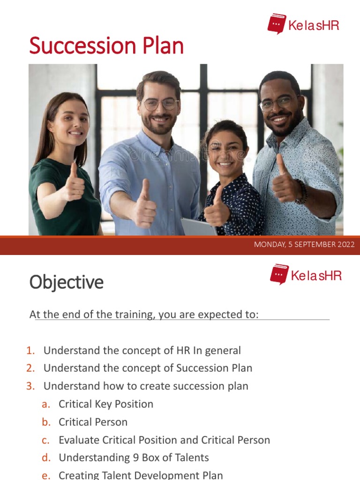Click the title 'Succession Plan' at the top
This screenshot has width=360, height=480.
[106, 46]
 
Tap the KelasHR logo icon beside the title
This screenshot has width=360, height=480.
[277, 23]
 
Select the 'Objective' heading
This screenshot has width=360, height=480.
[67, 282]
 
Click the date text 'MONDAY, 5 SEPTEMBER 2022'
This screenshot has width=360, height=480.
[304, 245]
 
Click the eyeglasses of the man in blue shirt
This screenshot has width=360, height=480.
[160, 104]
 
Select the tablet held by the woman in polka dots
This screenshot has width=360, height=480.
[198, 227]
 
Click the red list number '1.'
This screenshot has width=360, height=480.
[31, 350]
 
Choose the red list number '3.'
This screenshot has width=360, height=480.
[31, 386]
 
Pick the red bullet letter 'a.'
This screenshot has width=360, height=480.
[46, 404]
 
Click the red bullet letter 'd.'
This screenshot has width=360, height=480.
[46, 457]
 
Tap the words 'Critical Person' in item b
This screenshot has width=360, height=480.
[93, 421]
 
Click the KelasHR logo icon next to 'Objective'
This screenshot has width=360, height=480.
[279, 274]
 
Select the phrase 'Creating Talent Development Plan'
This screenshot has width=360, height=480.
[141, 474]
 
